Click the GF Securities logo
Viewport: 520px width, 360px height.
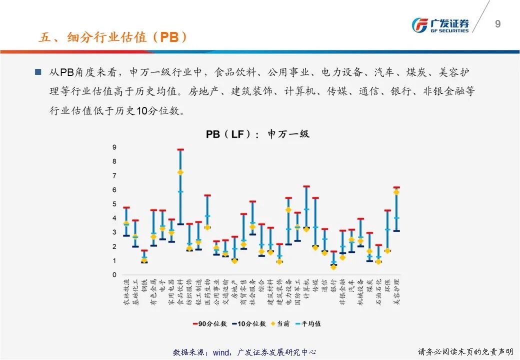tap(440, 25)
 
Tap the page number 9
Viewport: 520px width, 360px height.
tap(497, 24)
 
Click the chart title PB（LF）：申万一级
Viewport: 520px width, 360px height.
tap(257, 134)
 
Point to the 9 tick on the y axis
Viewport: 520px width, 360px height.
tap(114, 147)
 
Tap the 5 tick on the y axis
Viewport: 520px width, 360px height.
tap(114, 204)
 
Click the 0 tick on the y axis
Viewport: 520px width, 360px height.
tap(114, 275)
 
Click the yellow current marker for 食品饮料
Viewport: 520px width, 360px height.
tap(180, 172)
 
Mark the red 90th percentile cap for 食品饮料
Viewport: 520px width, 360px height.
tap(180, 149)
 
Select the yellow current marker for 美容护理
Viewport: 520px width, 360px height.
tap(396, 192)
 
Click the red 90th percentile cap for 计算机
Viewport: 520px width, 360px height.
tap(306, 186)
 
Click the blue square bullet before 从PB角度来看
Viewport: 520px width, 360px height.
tap(38, 72)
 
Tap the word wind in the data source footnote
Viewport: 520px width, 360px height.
tap(221, 352)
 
